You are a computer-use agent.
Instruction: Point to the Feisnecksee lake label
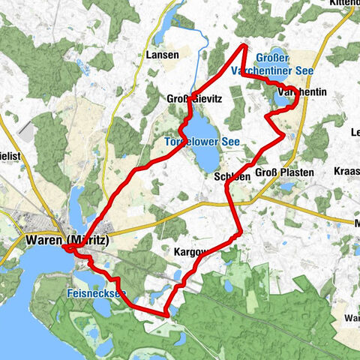(96, 293)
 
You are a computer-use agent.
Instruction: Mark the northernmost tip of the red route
(244, 46)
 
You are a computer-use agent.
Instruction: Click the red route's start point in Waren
(69, 250)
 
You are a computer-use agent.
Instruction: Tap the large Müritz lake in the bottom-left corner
(19, 300)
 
